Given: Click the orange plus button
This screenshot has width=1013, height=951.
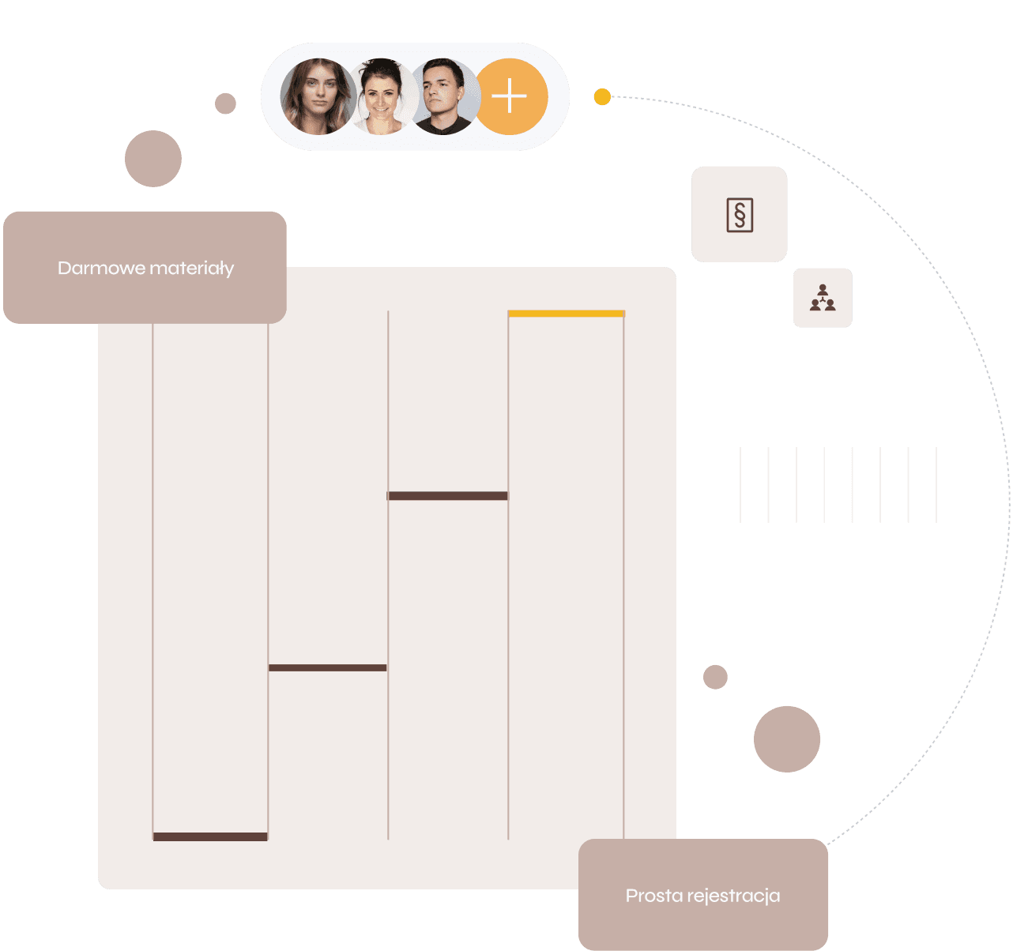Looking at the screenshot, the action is click(510, 96).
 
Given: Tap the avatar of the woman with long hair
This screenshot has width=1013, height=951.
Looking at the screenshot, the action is click(318, 96).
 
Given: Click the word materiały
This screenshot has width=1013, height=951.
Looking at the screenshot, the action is click(191, 269).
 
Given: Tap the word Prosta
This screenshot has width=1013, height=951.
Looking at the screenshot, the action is click(654, 896).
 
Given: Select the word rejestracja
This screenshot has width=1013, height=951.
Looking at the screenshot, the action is click(734, 896).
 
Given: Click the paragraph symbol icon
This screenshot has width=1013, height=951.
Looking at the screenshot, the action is click(740, 215).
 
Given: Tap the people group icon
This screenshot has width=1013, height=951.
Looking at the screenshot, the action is click(823, 298).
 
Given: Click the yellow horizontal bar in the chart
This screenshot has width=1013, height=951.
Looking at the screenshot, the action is click(566, 314).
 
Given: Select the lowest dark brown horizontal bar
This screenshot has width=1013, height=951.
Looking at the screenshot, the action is click(210, 836).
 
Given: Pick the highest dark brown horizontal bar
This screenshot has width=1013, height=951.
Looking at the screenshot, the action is click(447, 496).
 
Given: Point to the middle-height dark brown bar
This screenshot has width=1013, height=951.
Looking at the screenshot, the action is click(327, 667).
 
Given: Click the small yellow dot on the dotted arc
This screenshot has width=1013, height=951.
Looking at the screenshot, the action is click(602, 97).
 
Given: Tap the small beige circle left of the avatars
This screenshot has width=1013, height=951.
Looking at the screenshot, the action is click(225, 103).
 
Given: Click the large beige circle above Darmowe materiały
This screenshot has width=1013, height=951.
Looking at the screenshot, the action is click(153, 159).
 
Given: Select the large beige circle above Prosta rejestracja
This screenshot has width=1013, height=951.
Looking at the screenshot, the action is click(787, 739).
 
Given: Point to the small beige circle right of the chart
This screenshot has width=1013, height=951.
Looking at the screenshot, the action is click(715, 677).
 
